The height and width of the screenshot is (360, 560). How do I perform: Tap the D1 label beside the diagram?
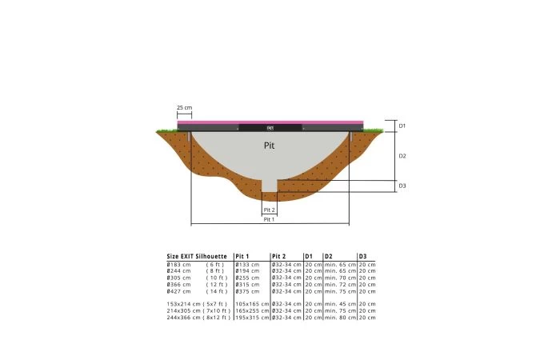click(x=402, y=126)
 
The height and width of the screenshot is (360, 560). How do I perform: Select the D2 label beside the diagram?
click(x=402, y=156)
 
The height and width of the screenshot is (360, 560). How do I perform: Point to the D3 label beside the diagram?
click(x=402, y=186)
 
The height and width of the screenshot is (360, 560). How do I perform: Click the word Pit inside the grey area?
click(x=270, y=146)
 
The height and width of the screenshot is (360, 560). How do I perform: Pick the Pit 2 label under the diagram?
click(x=270, y=210)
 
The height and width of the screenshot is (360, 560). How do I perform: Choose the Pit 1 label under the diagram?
click(x=270, y=218)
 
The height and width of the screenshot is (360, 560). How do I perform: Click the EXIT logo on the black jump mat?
click(x=270, y=126)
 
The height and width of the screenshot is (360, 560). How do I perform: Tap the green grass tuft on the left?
click(x=166, y=130)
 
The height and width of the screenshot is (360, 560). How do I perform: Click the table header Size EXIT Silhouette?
click(x=197, y=256)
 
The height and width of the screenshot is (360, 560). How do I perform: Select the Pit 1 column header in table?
click(x=243, y=256)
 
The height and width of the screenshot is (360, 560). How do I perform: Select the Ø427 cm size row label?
click(x=178, y=290)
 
